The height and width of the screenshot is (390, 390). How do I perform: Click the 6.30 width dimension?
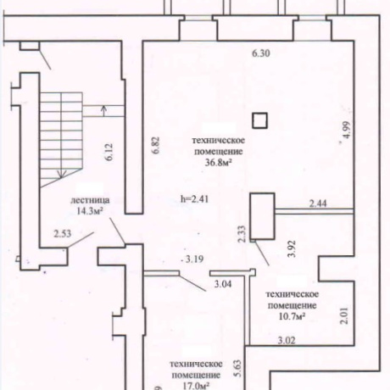tap(261, 53)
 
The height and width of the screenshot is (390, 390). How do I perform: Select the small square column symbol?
tap(259, 120)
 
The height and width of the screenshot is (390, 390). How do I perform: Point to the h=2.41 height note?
tap(195, 199)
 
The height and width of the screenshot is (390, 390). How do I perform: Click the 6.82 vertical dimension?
tap(156, 145)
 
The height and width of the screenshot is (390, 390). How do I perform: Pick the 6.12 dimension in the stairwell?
tap(109, 152)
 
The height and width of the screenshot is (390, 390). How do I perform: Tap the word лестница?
tap(90, 200)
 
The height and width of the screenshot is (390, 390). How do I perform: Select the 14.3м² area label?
tap(89, 211)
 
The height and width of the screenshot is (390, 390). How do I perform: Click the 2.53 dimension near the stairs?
tap(63, 234)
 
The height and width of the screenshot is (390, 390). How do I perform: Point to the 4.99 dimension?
tap(346, 130)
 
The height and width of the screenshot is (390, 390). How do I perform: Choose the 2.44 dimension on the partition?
tap(318, 203)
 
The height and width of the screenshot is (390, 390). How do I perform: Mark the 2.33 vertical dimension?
tap(242, 234)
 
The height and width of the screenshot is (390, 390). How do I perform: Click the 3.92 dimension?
tap(292, 248)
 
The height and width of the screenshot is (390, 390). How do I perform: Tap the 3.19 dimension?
tap(194, 259)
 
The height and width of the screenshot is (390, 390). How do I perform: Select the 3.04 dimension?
tap(223, 284)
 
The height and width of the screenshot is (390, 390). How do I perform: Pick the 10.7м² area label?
tap(292, 317)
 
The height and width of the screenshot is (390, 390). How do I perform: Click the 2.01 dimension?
tap(344, 315)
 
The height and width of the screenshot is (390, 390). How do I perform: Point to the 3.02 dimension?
tap(287, 340)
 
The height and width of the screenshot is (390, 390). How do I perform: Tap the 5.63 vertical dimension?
tap(238, 368)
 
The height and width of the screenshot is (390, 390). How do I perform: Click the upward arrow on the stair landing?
tap(103, 111)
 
